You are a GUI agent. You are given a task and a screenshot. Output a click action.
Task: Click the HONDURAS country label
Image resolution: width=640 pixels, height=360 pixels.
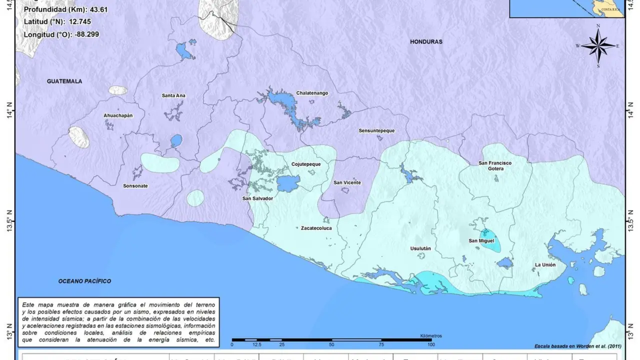point(426,42)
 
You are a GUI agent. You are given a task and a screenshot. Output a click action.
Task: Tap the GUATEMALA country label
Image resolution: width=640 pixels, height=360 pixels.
point(64,81)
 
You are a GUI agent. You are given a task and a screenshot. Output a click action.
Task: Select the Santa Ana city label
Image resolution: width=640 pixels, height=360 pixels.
point(173,95)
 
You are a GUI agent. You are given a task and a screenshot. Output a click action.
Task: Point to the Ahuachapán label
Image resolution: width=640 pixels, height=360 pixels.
point(118,115)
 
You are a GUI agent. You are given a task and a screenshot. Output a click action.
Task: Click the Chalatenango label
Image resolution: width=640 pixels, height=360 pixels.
point(312,93)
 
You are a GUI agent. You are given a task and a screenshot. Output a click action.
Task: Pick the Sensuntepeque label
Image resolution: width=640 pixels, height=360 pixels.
point(376,130)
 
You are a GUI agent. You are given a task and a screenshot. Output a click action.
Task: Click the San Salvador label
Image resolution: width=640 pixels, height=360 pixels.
point(257,198)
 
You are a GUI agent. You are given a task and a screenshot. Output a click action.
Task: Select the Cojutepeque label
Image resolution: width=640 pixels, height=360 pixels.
point(306,164)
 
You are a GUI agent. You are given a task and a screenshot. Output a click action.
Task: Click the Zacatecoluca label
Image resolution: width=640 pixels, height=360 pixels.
point(316,228)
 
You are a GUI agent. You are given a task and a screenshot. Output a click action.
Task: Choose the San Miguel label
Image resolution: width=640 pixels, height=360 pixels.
point(480,240)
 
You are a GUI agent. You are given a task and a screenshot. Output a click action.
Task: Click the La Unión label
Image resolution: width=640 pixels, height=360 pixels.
point(545,264)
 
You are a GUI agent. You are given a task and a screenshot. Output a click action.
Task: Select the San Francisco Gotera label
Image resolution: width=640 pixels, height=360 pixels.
point(495,165)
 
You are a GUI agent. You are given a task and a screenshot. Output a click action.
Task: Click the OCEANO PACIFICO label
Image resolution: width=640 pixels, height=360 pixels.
point(84,281)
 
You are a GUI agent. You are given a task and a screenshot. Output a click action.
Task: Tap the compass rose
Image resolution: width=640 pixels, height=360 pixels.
point(598,46)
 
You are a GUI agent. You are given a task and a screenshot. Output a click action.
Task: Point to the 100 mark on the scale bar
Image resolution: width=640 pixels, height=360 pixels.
point(430,344)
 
